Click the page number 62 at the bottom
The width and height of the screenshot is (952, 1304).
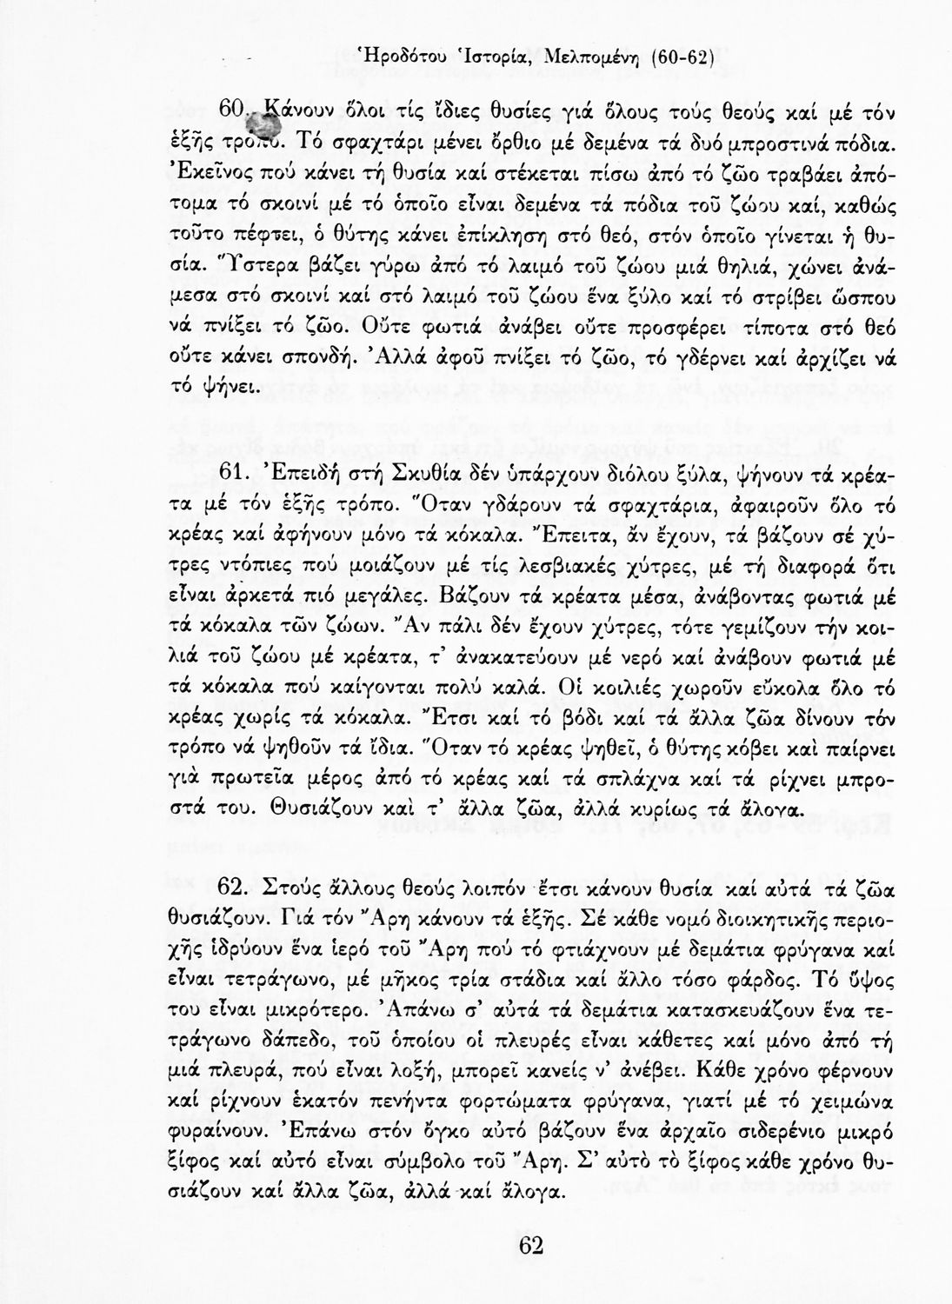[530, 1245]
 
